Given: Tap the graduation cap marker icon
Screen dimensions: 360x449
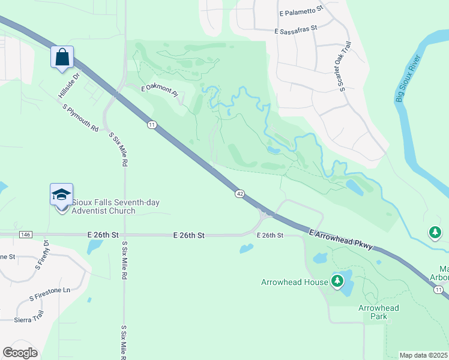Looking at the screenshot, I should tap(62, 194).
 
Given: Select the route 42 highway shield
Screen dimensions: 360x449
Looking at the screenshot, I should tap(240, 193).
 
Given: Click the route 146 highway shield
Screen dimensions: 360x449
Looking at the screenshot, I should tap(25, 235).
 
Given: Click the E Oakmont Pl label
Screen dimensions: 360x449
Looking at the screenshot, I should tap(160, 91).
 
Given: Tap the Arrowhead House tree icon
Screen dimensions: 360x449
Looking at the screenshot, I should tap(337, 280).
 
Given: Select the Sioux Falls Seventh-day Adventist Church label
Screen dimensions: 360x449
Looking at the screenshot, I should tap(116, 206).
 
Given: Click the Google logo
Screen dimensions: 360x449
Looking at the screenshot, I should tap(20, 352).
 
